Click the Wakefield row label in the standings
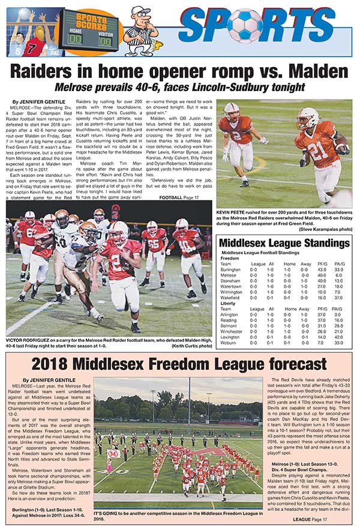[x=230, y=297]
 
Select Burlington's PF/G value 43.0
[x=320, y=270]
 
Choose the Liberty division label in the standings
[x=229, y=303]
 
